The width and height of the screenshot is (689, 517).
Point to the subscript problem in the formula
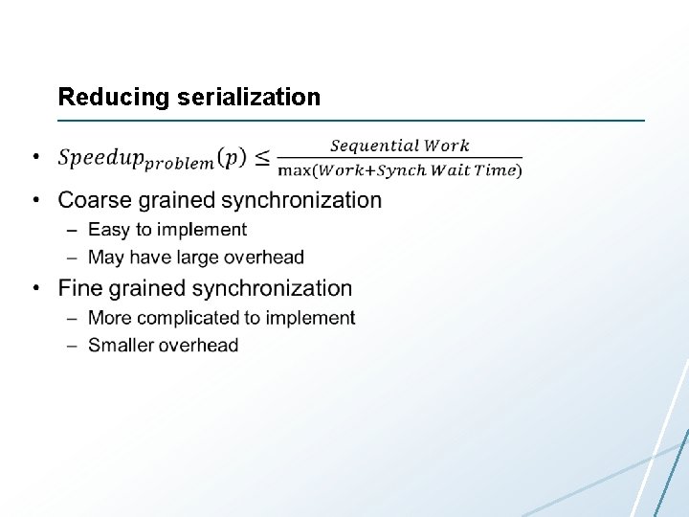[181, 164]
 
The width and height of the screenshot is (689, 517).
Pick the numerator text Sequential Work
[400, 146]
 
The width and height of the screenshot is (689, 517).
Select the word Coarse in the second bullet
[93, 200]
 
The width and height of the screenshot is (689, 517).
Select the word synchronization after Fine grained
[275, 288]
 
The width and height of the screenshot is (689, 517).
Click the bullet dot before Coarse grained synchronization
[35, 201]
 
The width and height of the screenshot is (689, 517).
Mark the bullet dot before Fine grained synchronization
[35, 289]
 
